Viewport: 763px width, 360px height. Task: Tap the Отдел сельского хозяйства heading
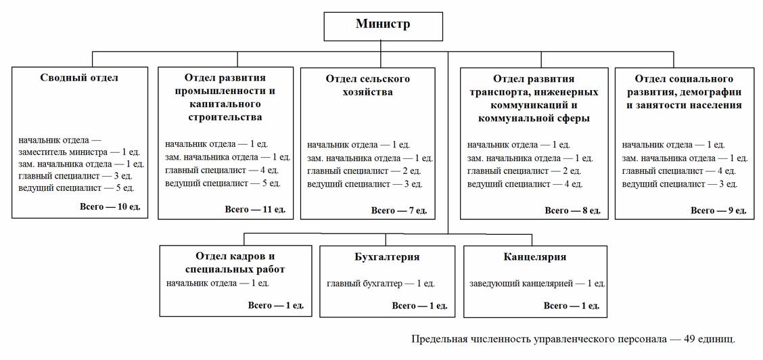click(x=368, y=86)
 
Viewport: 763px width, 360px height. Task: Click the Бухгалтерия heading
click(x=387, y=257)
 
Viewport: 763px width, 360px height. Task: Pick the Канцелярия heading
click(x=535, y=257)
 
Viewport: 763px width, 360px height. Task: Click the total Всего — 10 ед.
click(x=110, y=207)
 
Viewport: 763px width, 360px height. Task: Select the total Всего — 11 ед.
click(x=255, y=210)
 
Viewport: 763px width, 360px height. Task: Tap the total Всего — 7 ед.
click(x=399, y=210)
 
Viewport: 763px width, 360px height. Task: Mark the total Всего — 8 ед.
click(x=573, y=210)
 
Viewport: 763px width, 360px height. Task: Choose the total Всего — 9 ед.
click(x=719, y=210)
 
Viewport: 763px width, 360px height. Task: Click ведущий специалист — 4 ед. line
click(x=525, y=184)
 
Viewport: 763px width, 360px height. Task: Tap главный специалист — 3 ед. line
click(x=76, y=176)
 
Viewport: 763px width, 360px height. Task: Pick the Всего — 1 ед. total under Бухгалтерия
click(x=419, y=306)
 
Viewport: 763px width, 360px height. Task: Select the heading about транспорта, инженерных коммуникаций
click(x=534, y=98)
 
